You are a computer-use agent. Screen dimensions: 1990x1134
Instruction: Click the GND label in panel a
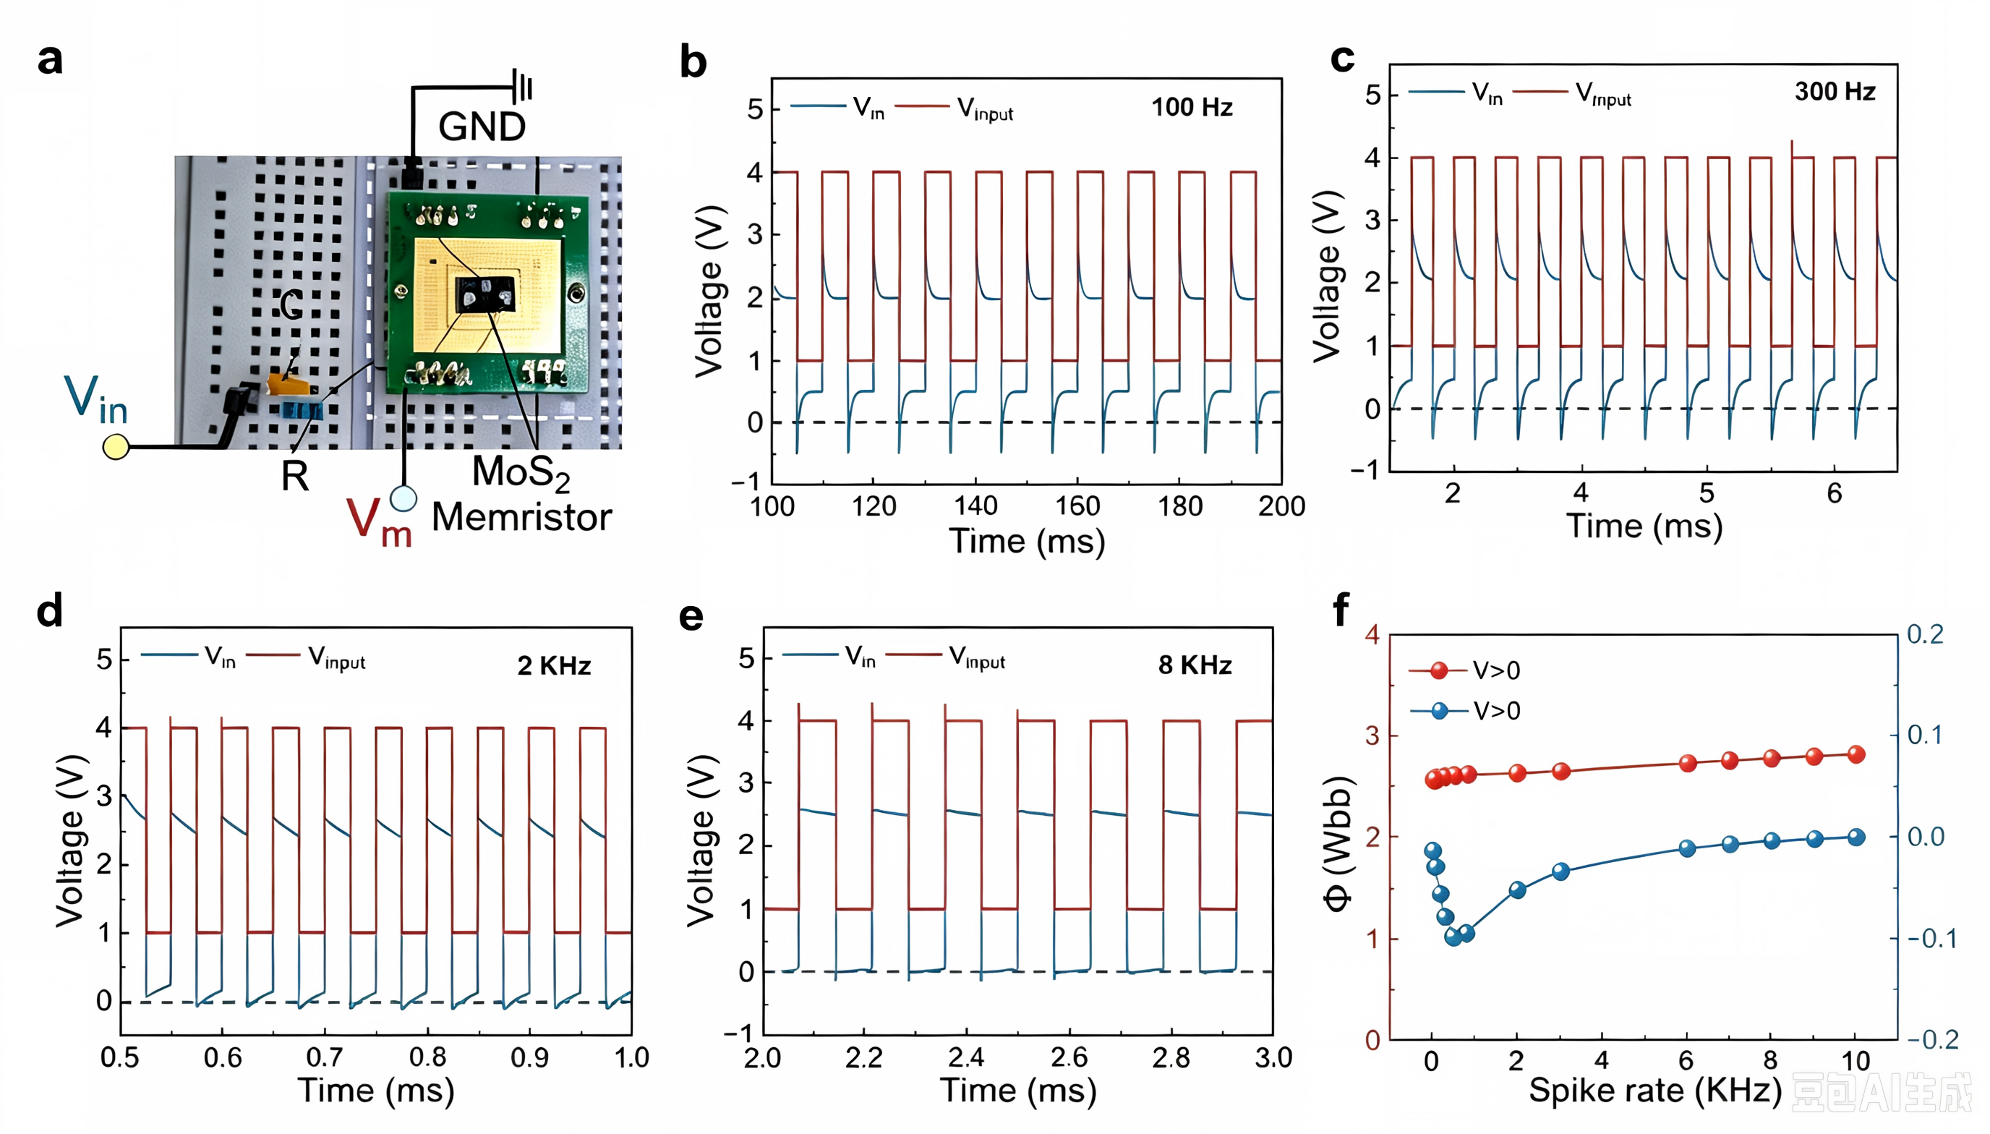[x=482, y=126]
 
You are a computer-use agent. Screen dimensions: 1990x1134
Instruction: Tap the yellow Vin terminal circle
[x=116, y=446]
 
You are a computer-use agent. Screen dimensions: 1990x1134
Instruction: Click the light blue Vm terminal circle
[x=403, y=498]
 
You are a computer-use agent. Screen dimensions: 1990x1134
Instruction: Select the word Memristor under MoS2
[x=521, y=517]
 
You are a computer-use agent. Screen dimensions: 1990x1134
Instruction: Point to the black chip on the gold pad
[x=485, y=294]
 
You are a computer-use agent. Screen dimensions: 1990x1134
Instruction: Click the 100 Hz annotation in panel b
[x=1192, y=108]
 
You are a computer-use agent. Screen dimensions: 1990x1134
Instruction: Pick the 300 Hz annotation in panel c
[x=1835, y=92]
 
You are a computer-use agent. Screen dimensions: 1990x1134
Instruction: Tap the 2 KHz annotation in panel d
[x=555, y=666]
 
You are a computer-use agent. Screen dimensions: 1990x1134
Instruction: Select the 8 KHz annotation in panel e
[x=1195, y=665]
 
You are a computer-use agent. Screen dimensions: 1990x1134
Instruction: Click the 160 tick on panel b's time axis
[x=1077, y=507]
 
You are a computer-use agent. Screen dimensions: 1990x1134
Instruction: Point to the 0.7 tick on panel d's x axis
[x=325, y=1057]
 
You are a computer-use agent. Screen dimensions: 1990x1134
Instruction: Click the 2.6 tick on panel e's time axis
[x=1069, y=1057]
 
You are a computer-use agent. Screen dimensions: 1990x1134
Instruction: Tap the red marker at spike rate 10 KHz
[x=1856, y=754]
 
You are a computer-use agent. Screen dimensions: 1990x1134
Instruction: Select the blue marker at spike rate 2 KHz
[x=1517, y=890]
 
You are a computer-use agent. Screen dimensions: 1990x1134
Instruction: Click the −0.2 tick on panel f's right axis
[x=1933, y=1039]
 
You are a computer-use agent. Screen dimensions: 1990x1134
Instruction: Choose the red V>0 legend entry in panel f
[x=1464, y=670]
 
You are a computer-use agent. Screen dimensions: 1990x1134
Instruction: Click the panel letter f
[x=1341, y=610]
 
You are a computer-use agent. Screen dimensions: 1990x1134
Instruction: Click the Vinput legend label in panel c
[x=1603, y=95]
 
